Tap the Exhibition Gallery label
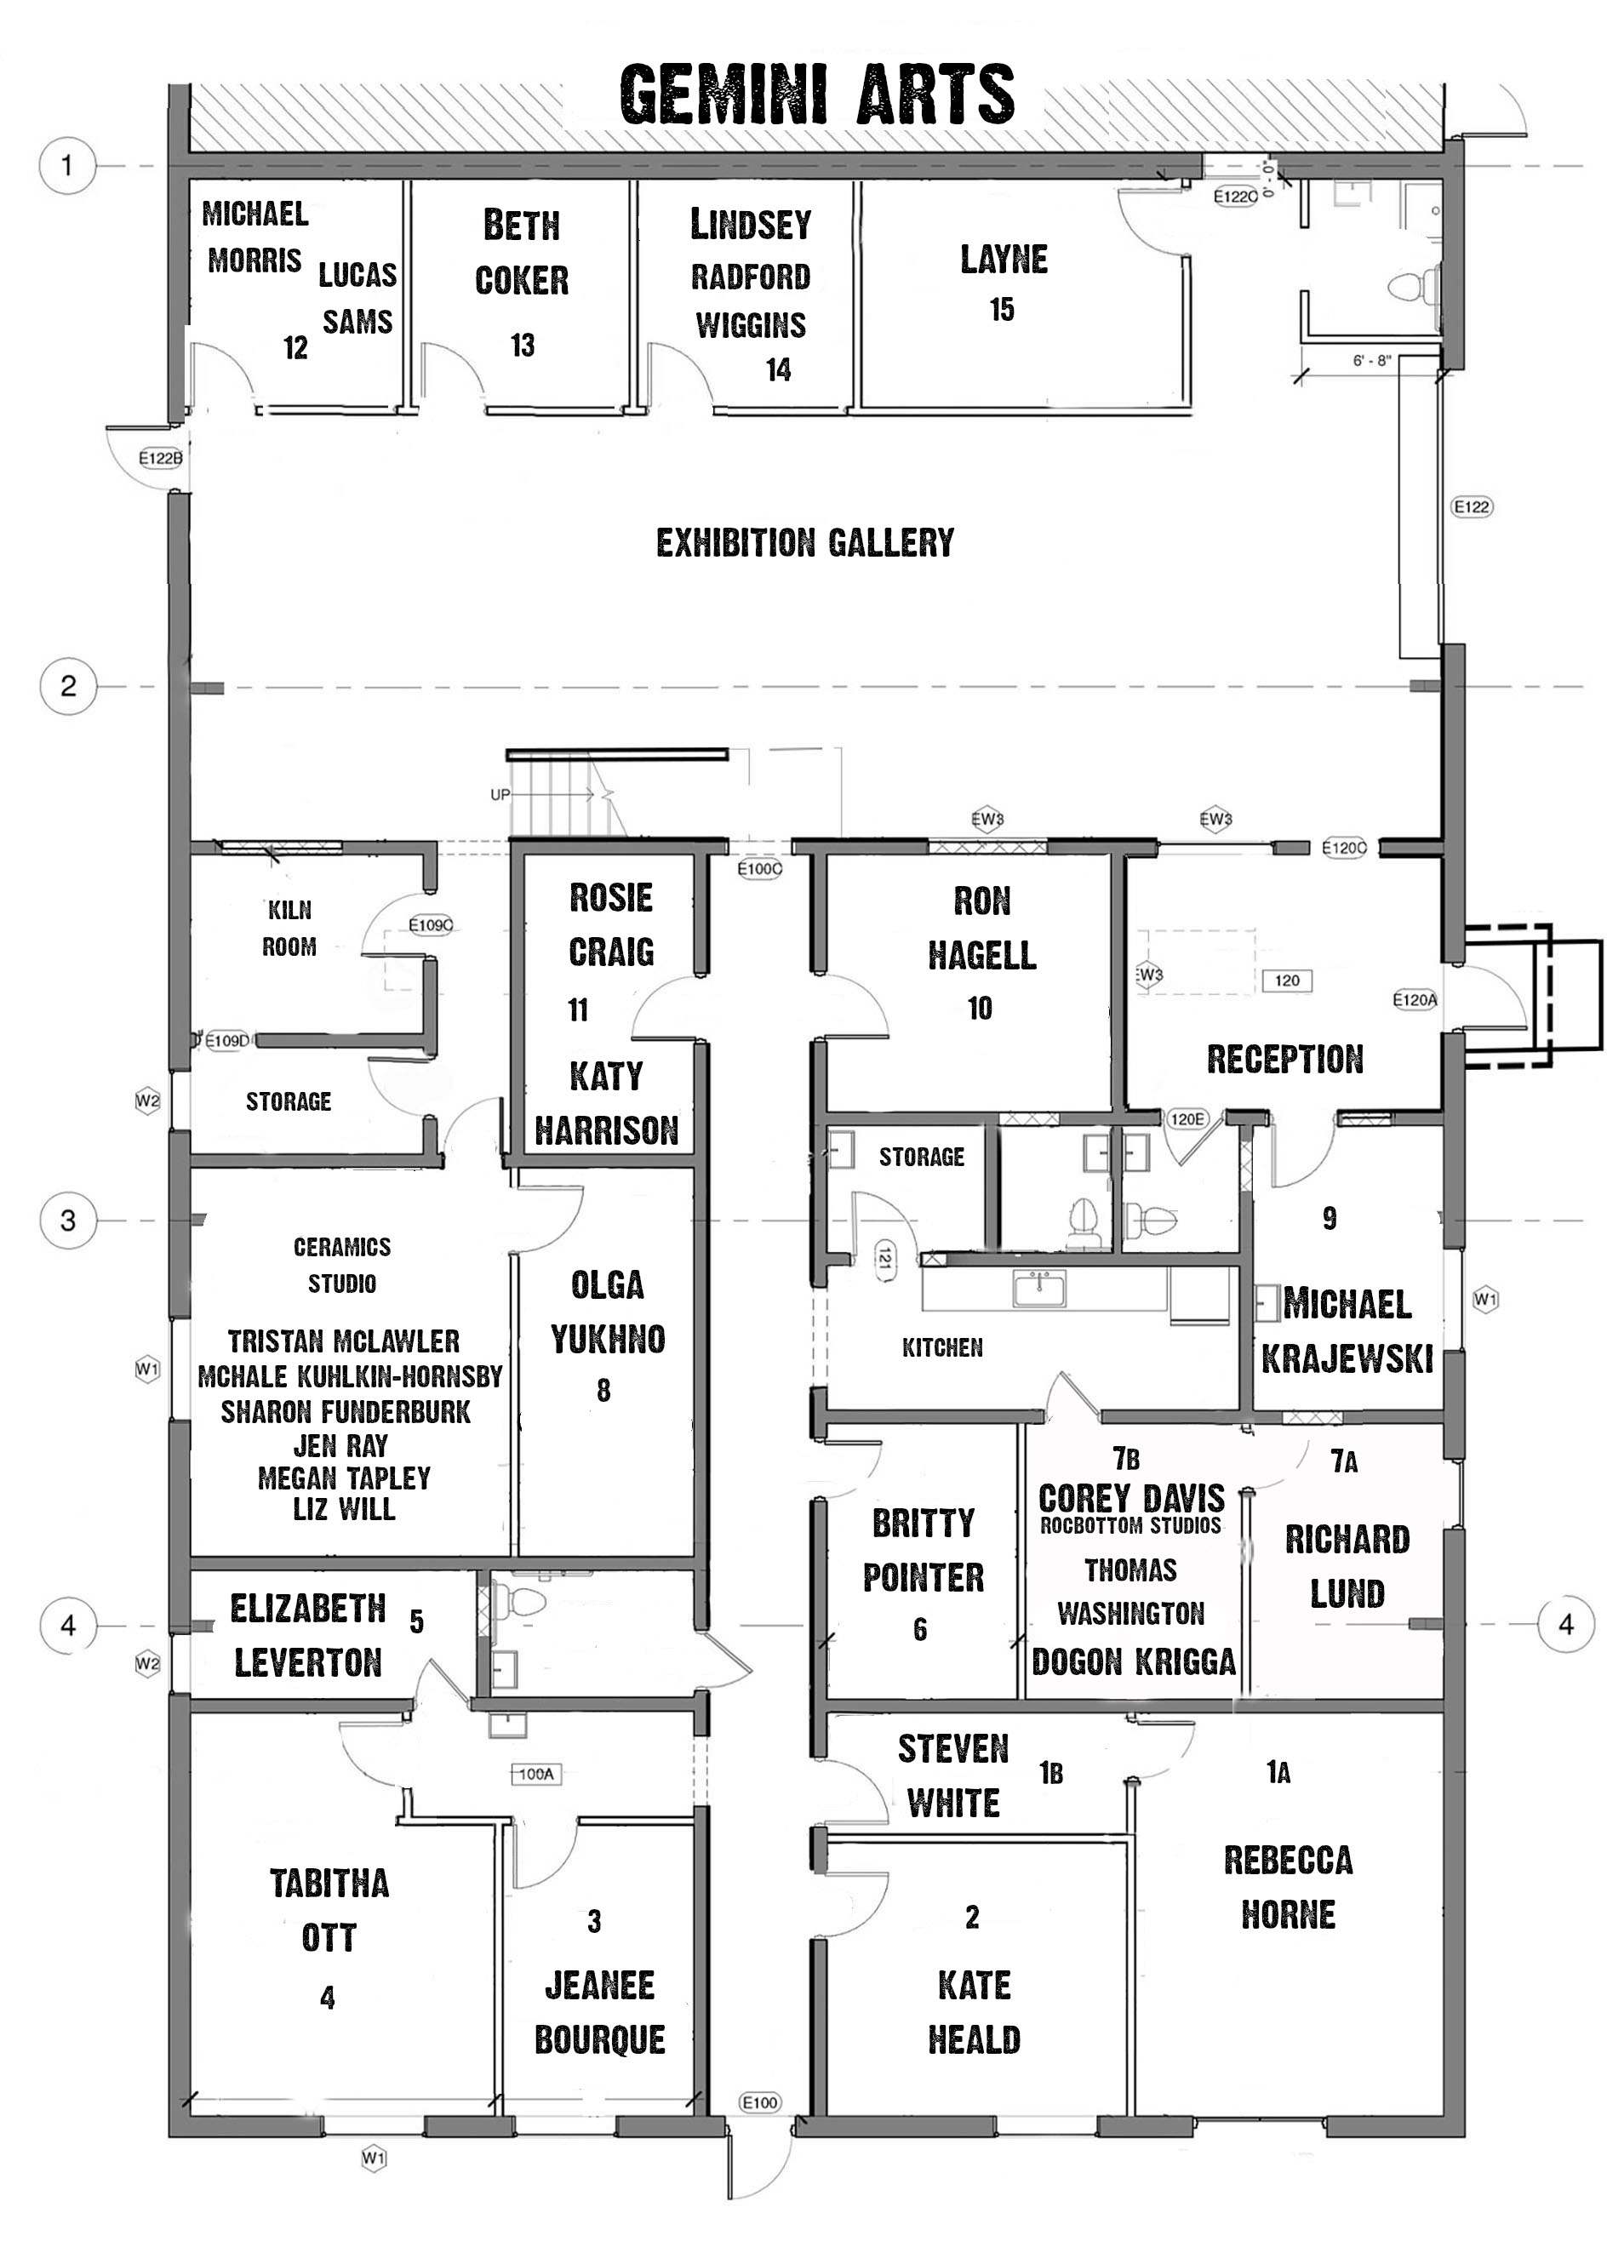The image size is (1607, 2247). click(x=805, y=542)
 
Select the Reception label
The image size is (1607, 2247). click(x=1284, y=1059)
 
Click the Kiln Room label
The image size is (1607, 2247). click(x=289, y=928)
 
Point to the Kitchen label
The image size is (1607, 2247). click(x=942, y=1346)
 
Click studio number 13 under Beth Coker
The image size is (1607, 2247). click(x=523, y=345)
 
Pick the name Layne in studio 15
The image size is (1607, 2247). click(x=1004, y=260)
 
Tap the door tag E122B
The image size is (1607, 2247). click(x=160, y=458)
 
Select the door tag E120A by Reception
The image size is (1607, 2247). click(x=1414, y=999)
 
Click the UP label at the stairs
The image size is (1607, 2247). click(x=500, y=794)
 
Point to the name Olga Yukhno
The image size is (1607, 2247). click(x=608, y=1312)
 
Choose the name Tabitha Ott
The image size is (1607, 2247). click(x=329, y=1910)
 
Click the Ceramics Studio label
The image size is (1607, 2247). click(x=342, y=1265)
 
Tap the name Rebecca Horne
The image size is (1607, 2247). click(x=1289, y=1887)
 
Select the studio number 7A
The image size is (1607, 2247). click(x=1344, y=1461)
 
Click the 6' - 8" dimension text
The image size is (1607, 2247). click(x=1371, y=361)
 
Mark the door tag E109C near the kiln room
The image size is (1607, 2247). click(x=431, y=925)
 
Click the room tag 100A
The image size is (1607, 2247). click(x=536, y=1774)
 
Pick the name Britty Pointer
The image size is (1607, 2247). click(x=924, y=1549)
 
